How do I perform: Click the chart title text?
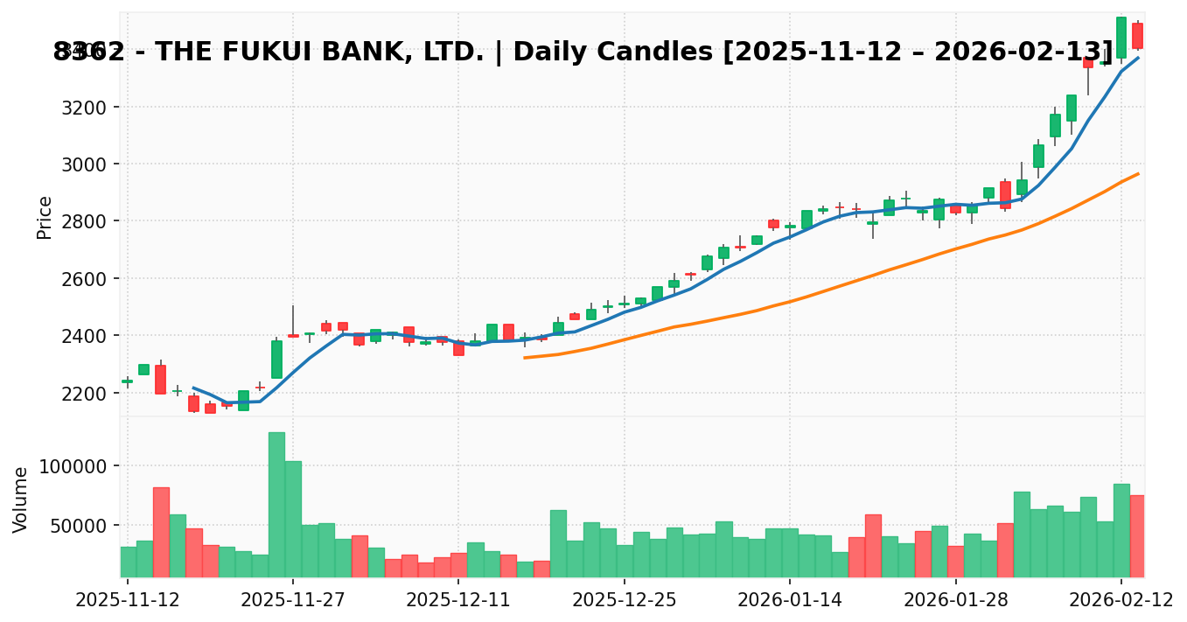click(583, 52)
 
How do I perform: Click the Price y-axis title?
click(45, 217)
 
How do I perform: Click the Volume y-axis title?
click(21, 500)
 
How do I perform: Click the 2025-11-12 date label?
click(127, 599)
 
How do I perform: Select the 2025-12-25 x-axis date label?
click(624, 599)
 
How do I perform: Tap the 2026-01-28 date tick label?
click(955, 599)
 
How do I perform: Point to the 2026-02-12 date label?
click(1121, 599)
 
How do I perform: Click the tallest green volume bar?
click(276, 505)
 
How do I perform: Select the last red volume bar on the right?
click(1137, 535)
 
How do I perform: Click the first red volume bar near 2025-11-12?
click(161, 532)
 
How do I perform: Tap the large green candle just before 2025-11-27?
click(276, 360)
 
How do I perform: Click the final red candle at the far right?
click(1137, 36)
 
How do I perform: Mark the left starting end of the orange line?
click(525, 357)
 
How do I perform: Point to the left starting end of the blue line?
click(193, 388)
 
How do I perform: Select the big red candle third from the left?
click(161, 379)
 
